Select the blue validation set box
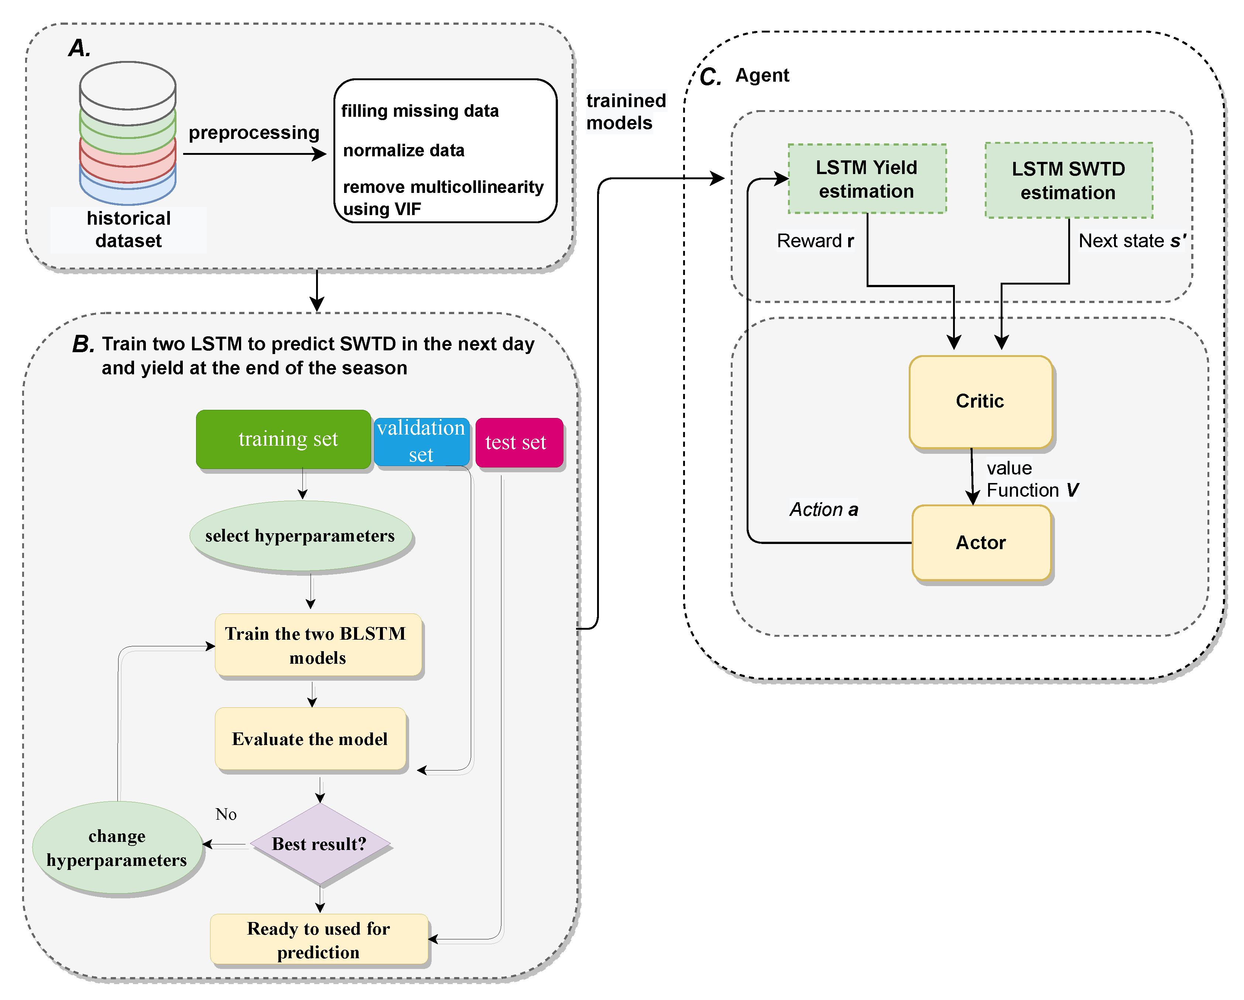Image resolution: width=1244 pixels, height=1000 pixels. click(x=421, y=442)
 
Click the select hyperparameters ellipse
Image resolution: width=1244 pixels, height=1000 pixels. click(x=301, y=536)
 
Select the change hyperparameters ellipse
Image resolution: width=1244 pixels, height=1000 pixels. click(x=117, y=848)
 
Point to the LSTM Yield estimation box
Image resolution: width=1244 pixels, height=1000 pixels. click(x=867, y=179)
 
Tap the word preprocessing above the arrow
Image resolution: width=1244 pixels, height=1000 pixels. click(x=254, y=133)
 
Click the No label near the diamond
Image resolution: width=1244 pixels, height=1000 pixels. click(x=226, y=814)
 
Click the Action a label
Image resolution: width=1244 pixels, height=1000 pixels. click(x=823, y=509)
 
